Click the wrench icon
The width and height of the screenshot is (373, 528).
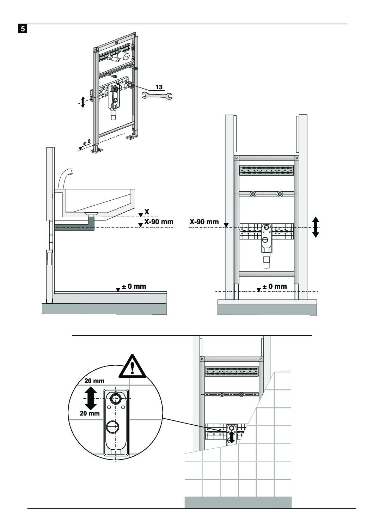pyautogui.click(x=157, y=95)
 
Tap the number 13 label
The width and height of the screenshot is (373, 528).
pyautogui.click(x=159, y=87)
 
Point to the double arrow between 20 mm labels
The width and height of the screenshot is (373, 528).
pyautogui.click(x=91, y=397)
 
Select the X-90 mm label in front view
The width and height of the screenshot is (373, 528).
pyautogui.click(x=204, y=222)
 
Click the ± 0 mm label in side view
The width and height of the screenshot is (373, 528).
pyautogui.click(x=134, y=286)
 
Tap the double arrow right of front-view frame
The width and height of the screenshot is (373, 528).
pyautogui.click(x=316, y=227)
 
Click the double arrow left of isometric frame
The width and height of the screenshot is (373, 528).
pyautogui.click(x=83, y=102)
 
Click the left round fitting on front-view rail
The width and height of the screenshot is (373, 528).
pyautogui.click(x=253, y=194)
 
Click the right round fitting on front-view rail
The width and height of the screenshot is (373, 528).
pyautogui.click(x=280, y=194)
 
